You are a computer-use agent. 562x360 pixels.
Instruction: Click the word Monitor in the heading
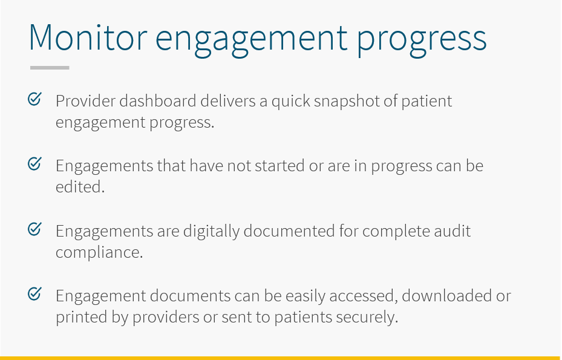pos(88,38)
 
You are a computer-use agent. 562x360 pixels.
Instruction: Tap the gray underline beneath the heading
pos(50,67)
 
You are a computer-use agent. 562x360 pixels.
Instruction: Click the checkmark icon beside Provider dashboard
pos(34,99)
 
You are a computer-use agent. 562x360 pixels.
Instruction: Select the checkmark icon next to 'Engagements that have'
pos(34,164)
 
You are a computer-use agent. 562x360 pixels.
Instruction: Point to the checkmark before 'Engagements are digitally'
pos(34,229)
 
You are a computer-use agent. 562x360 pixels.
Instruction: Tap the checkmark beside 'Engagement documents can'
pos(34,294)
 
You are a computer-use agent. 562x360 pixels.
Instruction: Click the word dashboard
pos(158,101)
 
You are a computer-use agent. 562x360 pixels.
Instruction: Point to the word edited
pos(80,187)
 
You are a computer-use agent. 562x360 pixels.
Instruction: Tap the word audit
pos(453,231)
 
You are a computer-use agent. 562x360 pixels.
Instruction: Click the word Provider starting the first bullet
pos(85,101)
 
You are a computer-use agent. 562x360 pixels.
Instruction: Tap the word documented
pos(289,231)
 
